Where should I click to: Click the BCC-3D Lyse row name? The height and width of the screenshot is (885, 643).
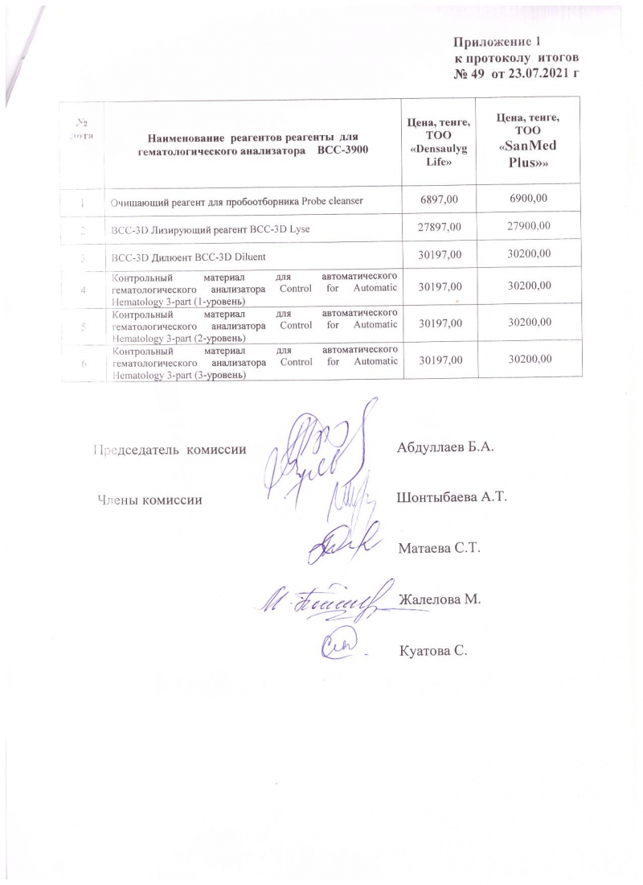click(x=211, y=230)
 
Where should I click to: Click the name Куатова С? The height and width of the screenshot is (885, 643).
click(x=432, y=650)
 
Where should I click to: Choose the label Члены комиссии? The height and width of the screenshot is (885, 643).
click(x=149, y=500)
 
